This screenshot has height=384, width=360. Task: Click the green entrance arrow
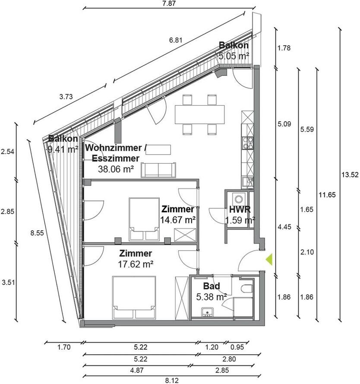268,259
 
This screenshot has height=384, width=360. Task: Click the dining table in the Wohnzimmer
200,114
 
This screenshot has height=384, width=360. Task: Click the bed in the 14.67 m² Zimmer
144,219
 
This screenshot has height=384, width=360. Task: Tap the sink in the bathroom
208,311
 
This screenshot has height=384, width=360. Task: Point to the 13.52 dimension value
350,175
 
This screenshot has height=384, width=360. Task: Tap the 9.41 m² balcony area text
63,150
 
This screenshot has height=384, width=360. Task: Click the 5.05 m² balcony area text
234,56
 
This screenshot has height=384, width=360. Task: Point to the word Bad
212,286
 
